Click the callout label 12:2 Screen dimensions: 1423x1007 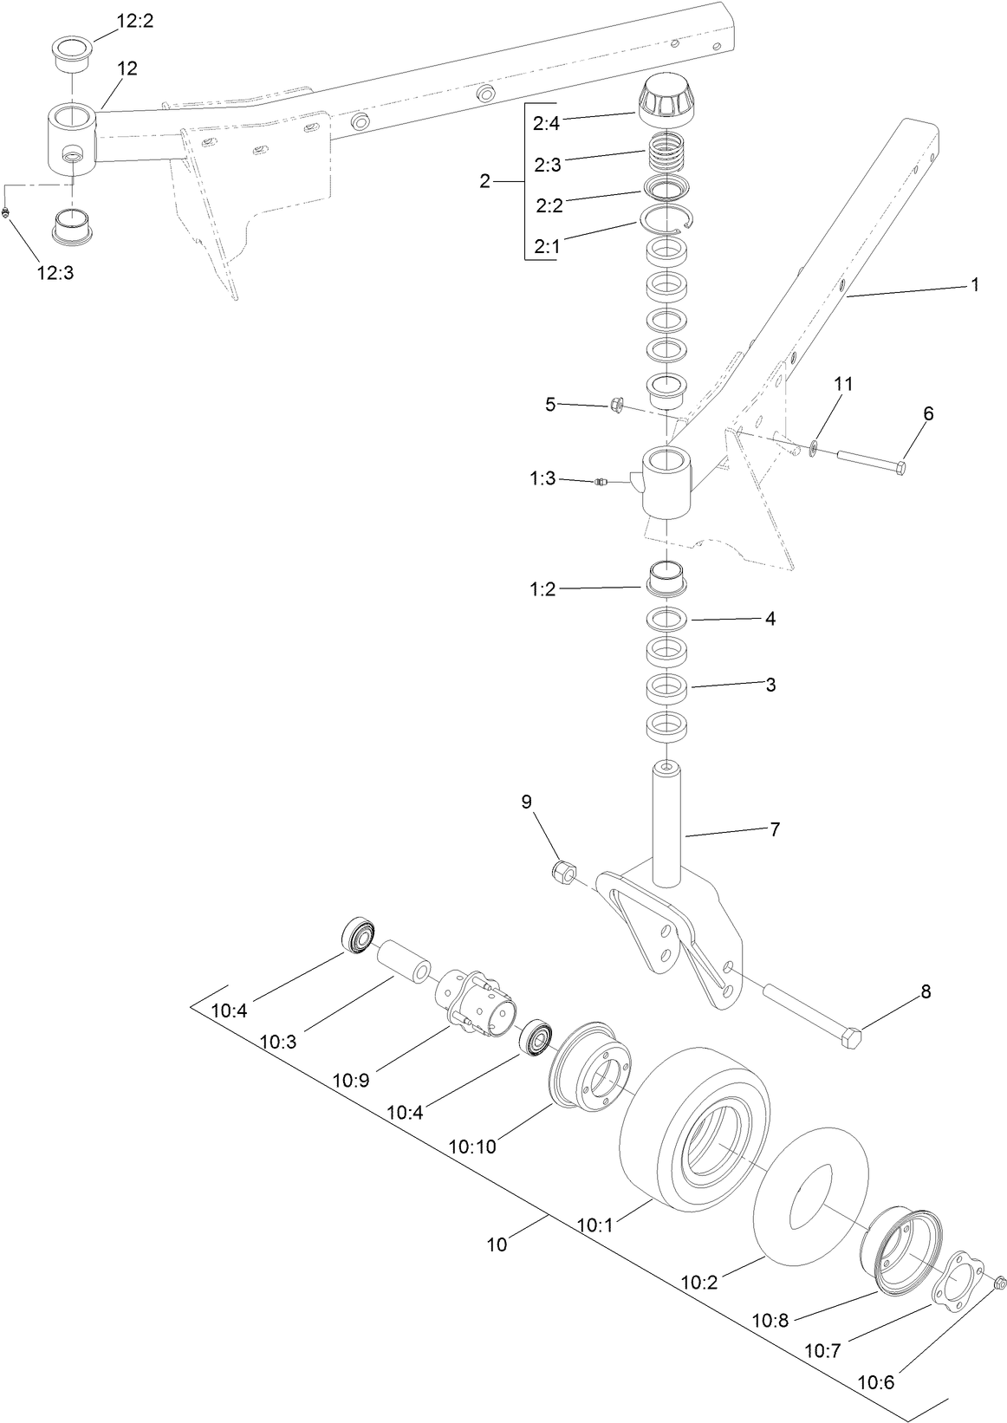point(134,21)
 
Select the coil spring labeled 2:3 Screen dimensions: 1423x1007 point(667,156)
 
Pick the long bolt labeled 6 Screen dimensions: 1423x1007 point(870,460)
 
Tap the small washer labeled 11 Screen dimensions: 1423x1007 point(813,448)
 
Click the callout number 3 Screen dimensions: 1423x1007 point(770,685)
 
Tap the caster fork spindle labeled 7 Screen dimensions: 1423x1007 point(667,823)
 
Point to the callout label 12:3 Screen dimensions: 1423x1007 point(55,272)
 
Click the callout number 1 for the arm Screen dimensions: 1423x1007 point(974,284)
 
